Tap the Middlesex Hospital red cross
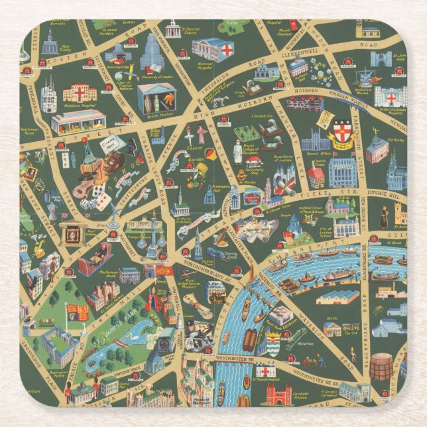pyautogui.click(x=80, y=92)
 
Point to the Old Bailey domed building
pyautogui.click(x=377, y=149)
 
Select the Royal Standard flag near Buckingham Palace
pyautogui.click(x=78, y=312)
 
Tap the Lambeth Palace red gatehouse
pyautogui.click(x=278, y=395)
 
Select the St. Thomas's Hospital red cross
pyautogui.click(x=266, y=371)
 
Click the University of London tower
pyautogui.click(x=152, y=53)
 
